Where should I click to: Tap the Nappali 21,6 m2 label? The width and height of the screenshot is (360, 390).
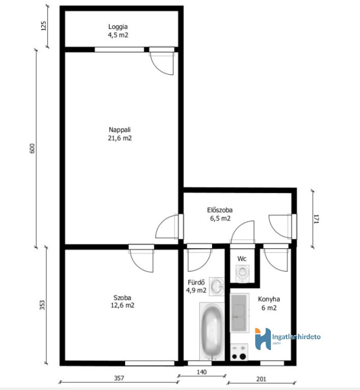click(x=120, y=134)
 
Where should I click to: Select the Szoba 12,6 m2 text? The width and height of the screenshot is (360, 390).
click(x=122, y=301)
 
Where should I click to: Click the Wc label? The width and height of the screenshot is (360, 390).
click(x=242, y=259)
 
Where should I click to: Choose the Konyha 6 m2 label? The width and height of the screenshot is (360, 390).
click(x=269, y=304)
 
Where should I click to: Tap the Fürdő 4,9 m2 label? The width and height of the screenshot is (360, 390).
click(x=196, y=286)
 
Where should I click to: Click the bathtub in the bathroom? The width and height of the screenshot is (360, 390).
click(x=212, y=332)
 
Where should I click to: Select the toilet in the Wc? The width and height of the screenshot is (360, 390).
click(x=242, y=273)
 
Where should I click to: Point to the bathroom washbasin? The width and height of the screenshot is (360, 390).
click(x=217, y=287)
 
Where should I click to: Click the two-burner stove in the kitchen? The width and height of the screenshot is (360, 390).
click(x=239, y=352)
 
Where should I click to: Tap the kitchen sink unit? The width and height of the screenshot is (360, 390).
click(x=239, y=313)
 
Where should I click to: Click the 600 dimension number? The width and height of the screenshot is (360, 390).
click(x=32, y=148)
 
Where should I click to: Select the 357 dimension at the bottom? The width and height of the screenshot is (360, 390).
click(x=119, y=378)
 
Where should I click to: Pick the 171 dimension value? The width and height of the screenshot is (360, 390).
click(x=316, y=219)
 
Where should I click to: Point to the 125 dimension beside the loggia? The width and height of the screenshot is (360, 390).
click(x=43, y=26)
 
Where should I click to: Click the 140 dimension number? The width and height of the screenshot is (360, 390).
click(x=202, y=372)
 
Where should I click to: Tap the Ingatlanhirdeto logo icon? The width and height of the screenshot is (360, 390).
click(x=263, y=339)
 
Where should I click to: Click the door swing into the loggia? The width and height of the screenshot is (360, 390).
click(x=162, y=62)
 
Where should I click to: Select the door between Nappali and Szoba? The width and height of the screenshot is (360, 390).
click(x=141, y=259)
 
